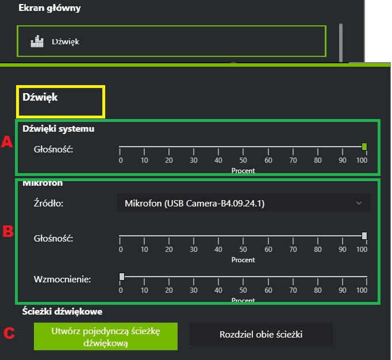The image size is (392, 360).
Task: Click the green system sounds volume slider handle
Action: (x=364, y=147)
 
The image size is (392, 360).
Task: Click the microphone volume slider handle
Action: (x=364, y=235)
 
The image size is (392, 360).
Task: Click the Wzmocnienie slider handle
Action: (x=121, y=277)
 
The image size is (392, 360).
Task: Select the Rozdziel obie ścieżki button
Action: (x=261, y=334)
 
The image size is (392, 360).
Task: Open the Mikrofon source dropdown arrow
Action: (x=359, y=203)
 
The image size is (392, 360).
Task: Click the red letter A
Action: (x=7, y=142)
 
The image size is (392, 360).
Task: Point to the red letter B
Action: (x=8, y=232)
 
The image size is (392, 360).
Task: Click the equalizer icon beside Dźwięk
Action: (x=37, y=41)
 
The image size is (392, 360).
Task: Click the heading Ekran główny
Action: (x=49, y=8)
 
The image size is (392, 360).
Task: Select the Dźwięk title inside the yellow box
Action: (x=40, y=97)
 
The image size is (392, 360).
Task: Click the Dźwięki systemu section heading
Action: (x=58, y=129)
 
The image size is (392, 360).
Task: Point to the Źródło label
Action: (x=48, y=203)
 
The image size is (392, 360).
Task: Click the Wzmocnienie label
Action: (x=62, y=279)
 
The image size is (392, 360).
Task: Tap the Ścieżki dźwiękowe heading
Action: (x=62, y=312)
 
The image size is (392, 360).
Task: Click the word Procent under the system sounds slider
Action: (x=243, y=171)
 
